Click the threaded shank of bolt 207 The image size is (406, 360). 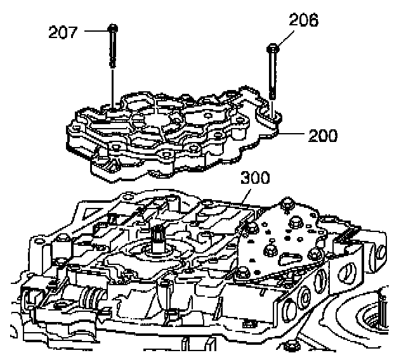(x=112, y=51)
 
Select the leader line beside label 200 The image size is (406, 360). (x=293, y=134)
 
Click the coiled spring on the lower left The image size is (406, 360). (x=93, y=297)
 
